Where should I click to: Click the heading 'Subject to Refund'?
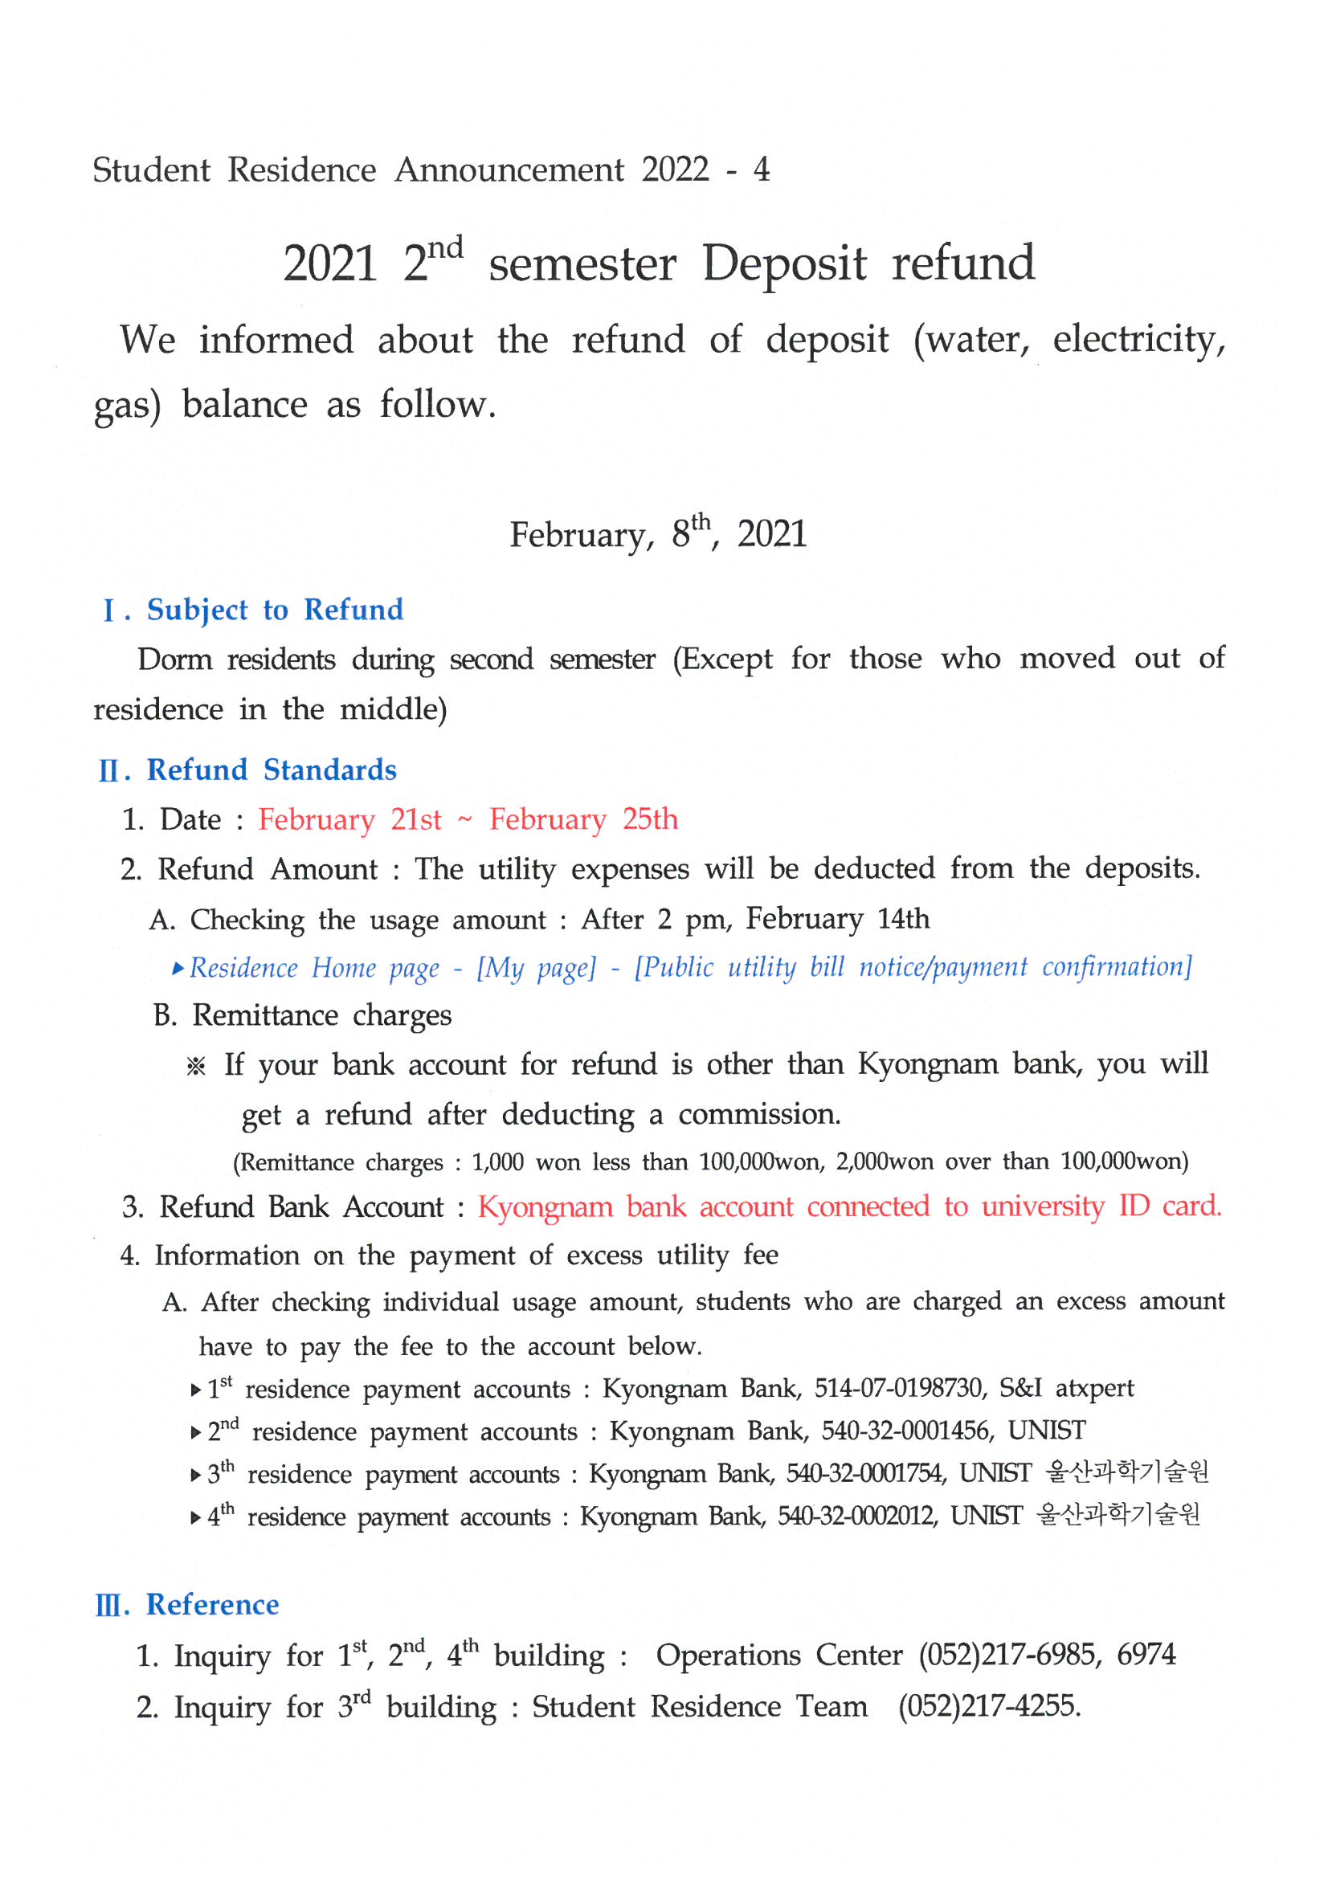pyautogui.click(x=275, y=610)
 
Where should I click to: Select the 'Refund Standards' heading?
pyautogui.click(x=272, y=770)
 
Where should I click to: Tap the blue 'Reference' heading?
pyautogui.click(x=213, y=1605)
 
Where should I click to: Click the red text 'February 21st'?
pyautogui.click(x=349, y=819)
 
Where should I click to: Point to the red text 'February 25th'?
pyautogui.click(x=583, y=819)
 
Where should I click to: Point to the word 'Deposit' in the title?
pyautogui.click(x=784, y=263)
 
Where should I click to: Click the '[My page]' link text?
pyautogui.click(x=536, y=968)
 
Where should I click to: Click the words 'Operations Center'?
pyautogui.click(x=779, y=1655)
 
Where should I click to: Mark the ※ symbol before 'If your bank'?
pyautogui.click(x=195, y=1067)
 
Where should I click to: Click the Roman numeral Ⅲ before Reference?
pyautogui.click(x=112, y=1607)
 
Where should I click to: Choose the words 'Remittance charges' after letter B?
pyautogui.click(x=321, y=1016)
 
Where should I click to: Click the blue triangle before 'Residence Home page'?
pyautogui.click(x=178, y=969)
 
